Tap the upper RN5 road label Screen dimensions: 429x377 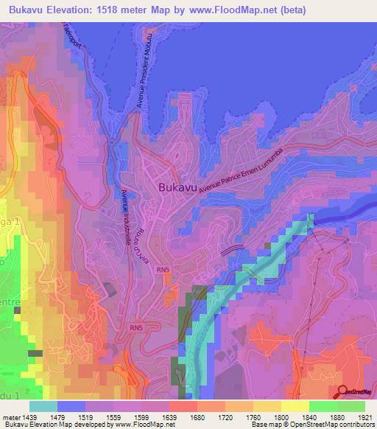(x=163, y=271)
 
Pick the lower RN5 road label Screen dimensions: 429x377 (x=135, y=327)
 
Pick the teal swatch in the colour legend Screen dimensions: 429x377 (x=43, y=406)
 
